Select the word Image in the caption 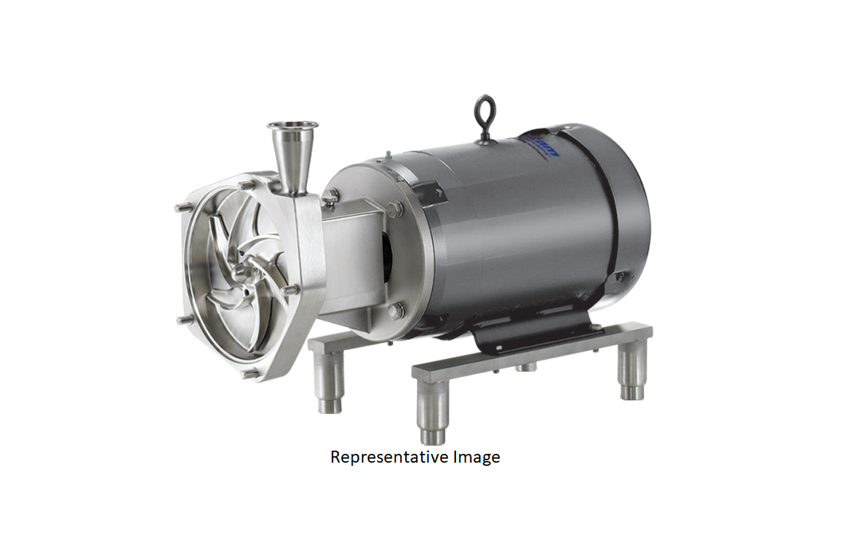[474, 457]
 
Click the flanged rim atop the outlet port [293, 125]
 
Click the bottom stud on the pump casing [249, 372]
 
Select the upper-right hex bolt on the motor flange [396, 209]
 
